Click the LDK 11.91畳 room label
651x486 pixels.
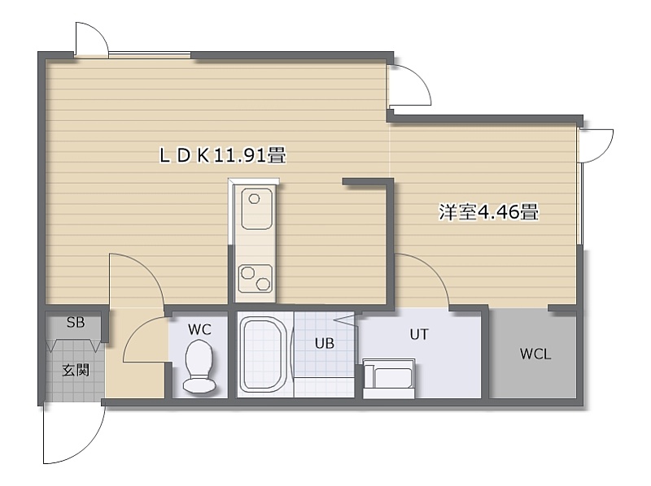coord(222,155)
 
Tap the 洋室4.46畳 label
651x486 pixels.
coord(489,212)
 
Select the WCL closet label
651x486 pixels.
coord(535,354)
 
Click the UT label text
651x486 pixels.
coord(419,334)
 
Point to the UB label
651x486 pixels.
coord(324,343)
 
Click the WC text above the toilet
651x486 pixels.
coord(199,330)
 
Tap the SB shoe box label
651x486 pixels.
coord(76,322)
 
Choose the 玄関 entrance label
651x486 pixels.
coord(76,370)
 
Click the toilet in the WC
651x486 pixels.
coord(199,367)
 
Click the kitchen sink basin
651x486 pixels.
coord(257,209)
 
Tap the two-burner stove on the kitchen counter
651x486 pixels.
coord(256,278)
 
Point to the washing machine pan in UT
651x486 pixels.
coord(389,379)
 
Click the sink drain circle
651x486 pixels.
coord(254,199)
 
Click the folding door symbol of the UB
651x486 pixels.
coord(345,320)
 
